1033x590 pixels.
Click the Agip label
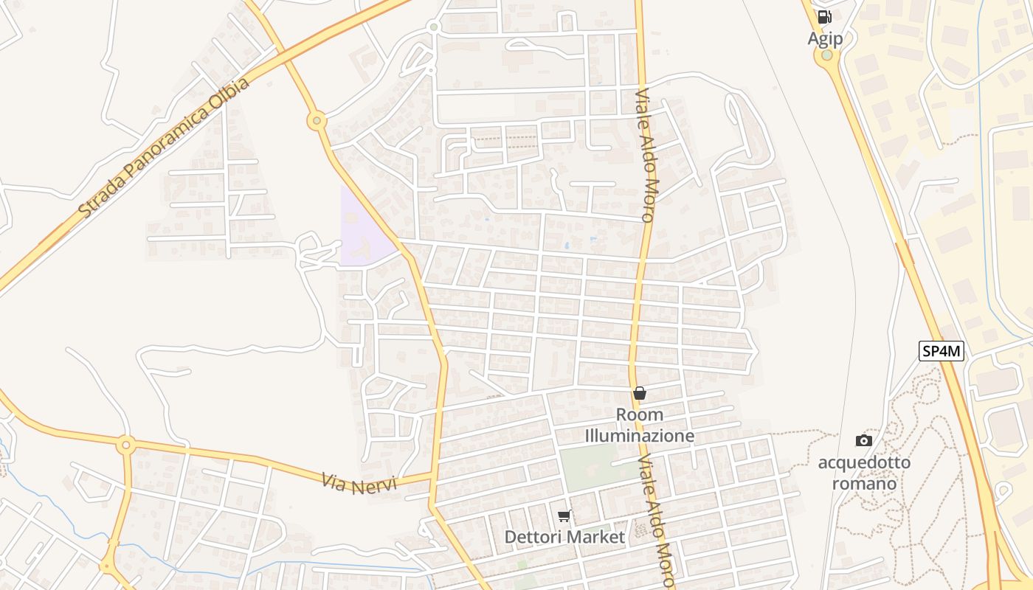(824, 38)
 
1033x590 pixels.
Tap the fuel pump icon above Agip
(824, 17)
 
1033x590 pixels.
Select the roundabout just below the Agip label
(827, 55)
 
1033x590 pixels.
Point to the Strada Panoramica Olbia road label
(164, 147)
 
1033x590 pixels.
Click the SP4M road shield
(942, 351)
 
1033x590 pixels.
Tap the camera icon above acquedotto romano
(863, 440)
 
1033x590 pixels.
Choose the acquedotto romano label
(864, 473)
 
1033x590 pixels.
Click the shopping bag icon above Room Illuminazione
(640, 393)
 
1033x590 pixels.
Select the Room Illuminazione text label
(640, 425)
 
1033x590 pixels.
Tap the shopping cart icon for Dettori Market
(564, 516)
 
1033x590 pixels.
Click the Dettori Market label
(564, 537)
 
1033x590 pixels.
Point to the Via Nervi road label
(359, 483)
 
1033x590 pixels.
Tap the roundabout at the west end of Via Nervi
(125, 444)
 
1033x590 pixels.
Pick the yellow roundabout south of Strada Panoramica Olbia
(317, 120)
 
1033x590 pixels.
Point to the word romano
(864, 484)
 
